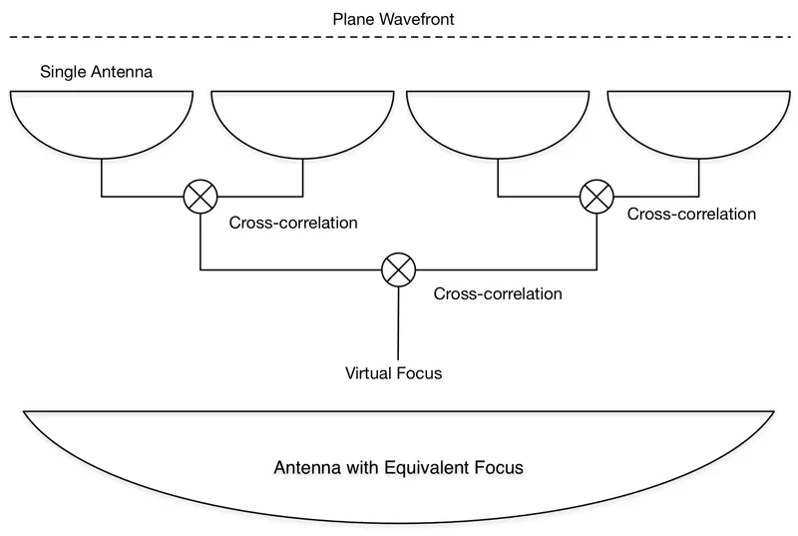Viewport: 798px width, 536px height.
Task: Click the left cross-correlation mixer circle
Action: (x=200, y=197)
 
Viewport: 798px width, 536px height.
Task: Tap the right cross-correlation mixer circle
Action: (x=597, y=196)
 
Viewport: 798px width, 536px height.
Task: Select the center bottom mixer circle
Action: (x=399, y=269)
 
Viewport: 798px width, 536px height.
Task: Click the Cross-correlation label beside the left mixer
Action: (x=293, y=223)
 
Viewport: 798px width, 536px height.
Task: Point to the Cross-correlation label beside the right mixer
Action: (x=691, y=214)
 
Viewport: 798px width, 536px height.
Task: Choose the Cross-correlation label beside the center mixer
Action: (x=499, y=294)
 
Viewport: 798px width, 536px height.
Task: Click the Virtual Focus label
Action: (x=393, y=374)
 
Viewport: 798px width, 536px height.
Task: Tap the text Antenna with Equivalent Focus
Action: (x=398, y=466)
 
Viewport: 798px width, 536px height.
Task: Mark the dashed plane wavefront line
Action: (x=199, y=38)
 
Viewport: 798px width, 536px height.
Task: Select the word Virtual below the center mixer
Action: (x=368, y=374)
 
